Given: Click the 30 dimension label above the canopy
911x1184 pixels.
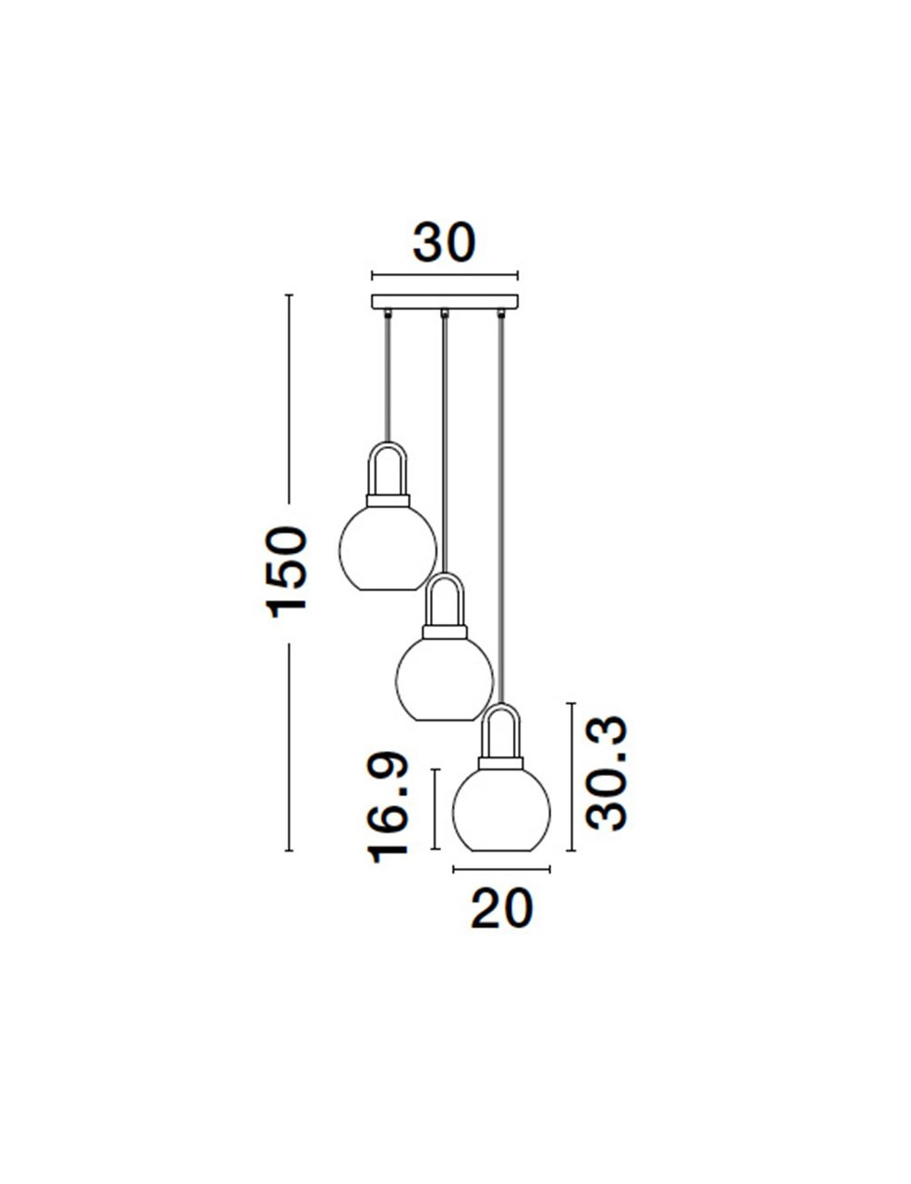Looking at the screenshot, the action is (444, 242).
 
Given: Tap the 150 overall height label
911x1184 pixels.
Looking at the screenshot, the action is (287, 572).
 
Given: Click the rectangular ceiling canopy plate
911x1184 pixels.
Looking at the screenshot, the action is (445, 301).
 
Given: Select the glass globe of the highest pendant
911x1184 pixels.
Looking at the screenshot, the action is (387, 548).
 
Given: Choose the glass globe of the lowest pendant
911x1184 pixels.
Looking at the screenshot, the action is (501, 809).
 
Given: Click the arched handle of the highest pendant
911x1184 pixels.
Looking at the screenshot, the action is (387, 443).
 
